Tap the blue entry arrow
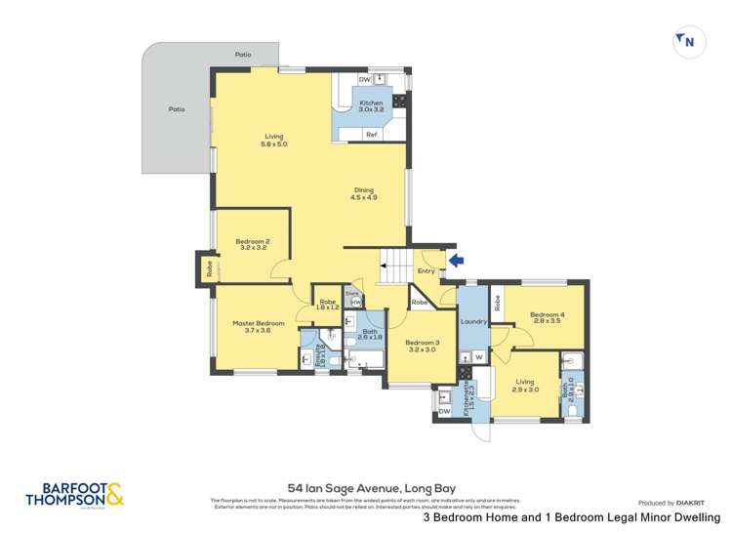pos(457,260)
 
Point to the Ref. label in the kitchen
pos(372,134)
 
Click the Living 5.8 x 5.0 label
pos(273,141)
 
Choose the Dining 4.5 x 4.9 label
pos(363,193)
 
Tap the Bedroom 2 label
pos(252,244)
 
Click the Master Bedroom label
pos(258,326)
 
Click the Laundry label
pos(473,321)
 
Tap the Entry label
pos(427,270)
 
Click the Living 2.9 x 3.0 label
pos(525,386)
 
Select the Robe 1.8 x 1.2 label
pos(328,305)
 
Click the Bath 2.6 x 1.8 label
pos(370,334)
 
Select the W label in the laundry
pos(478,357)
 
